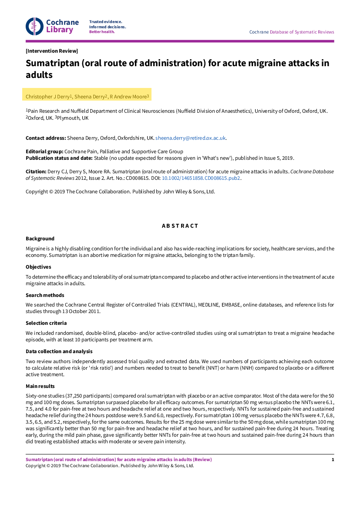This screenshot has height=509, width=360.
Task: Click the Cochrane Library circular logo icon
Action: pos(35,26)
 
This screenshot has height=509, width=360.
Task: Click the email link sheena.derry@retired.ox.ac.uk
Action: pos(191,138)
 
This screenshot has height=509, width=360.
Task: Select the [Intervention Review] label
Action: pos(52,51)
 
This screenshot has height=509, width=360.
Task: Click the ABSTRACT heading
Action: pos(180,226)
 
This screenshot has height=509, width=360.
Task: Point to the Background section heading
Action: pos(40,239)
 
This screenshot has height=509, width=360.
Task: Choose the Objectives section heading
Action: pos(38,267)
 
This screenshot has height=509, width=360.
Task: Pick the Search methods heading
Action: pos(45,295)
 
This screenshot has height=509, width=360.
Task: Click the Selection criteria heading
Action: pos(46,323)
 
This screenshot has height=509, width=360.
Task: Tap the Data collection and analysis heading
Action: pos(59,351)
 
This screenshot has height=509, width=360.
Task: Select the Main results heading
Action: pos(40,386)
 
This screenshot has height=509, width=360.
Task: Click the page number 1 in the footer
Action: pos(333,459)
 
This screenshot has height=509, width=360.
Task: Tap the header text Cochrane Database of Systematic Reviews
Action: pos(292,32)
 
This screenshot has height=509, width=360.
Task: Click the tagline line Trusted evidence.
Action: pos(106,22)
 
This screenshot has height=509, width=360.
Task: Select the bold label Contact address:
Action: pos(46,138)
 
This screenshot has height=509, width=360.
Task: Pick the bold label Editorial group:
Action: pos(44,152)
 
